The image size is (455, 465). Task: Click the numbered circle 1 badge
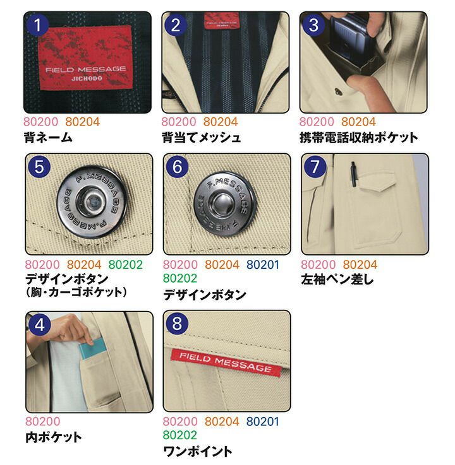37,25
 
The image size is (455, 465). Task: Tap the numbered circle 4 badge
39,325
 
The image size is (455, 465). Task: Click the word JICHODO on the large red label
87,79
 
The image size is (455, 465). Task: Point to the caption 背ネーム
48,138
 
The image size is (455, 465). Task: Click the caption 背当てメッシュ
201,138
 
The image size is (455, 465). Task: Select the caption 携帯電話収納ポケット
358,138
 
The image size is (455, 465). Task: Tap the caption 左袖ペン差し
337,280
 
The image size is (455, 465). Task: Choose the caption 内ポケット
54,437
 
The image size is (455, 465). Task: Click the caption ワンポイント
198,452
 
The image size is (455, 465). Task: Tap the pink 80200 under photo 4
43,421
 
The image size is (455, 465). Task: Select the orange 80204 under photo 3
358,122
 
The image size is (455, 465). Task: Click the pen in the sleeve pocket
353,174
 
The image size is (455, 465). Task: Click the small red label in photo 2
221,21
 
